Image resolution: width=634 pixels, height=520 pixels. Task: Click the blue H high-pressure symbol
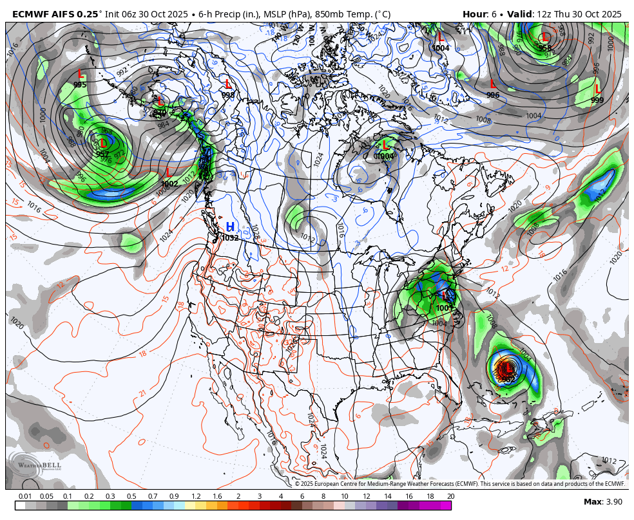coord(230,227)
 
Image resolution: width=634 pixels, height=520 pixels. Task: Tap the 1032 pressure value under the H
coord(230,237)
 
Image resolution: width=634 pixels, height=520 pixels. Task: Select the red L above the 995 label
coord(81,75)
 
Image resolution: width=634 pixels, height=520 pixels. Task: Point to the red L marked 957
coord(103,144)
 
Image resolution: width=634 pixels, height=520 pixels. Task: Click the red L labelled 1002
coord(169,173)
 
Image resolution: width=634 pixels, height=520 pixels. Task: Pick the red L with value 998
coord(227,84)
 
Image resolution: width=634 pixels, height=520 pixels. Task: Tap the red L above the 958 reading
coord(545,37)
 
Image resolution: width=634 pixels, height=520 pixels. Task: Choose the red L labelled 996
coord(493,84)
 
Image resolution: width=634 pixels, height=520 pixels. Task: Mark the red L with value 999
coord(597,89)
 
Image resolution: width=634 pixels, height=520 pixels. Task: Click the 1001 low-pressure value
coord(445,308)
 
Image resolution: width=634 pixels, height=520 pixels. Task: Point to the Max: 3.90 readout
coord(602,502)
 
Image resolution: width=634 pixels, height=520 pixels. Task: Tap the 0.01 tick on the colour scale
coord(25,496)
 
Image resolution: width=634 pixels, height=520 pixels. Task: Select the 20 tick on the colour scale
coord(451,496)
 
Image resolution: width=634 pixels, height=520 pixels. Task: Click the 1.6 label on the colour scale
coord(217,496)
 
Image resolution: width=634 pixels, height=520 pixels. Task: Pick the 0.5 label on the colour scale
coord(131,496)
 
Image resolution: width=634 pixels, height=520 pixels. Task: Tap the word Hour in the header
coord(474,14)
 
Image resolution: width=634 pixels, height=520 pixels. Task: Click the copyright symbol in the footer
coord(298,484)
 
